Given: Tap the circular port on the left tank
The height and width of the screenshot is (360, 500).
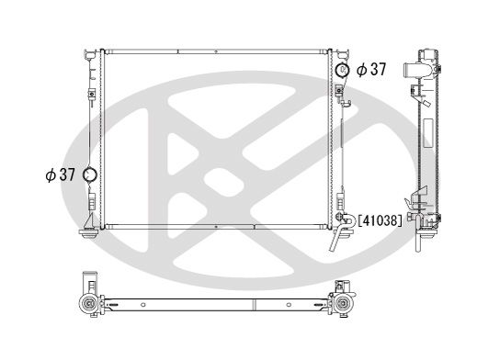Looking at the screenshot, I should [90, 174].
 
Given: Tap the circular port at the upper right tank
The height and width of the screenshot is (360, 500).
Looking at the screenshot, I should [342, 70].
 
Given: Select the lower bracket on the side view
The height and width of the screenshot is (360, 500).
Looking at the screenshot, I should [421, 204].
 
